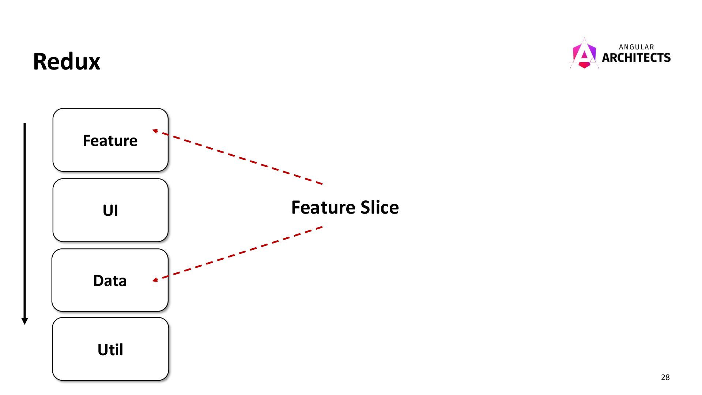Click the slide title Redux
tap(67, 61)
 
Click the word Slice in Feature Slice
tap(380, 207)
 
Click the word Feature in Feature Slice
tap(323, 207)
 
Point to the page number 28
tap(665, 377)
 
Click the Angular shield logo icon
tap(584, 54)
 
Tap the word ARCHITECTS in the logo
tap(636, 58)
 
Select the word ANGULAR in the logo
tap(636, 47)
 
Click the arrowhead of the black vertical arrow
tap(25, 321)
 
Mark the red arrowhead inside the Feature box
tap(155, 131)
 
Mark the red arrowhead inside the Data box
tap(155, 280)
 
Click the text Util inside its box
tap(110, 350)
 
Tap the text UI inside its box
tap(110, 210)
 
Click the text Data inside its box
tap(110, 281)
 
